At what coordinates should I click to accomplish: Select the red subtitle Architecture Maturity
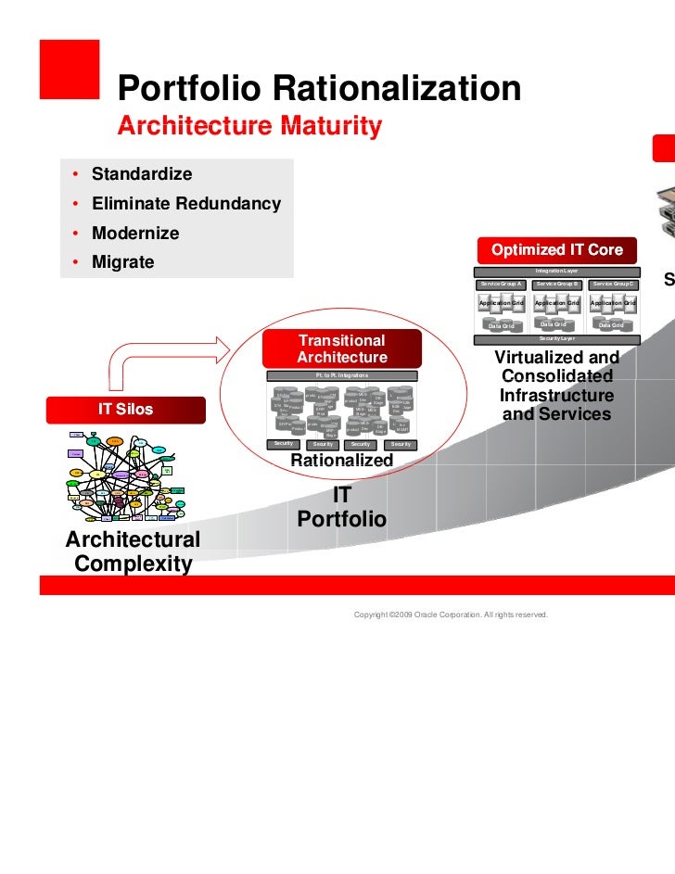click(x=248, y=127)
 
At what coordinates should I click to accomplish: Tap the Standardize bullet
click(x=141, y=174)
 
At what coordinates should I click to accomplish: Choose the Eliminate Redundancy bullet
click(x=185, y=204)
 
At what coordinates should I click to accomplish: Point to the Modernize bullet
click(x=135, y=234)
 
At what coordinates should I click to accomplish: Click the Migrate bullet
click(x=122, y=262)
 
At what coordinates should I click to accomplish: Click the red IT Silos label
click(x=126, y=410)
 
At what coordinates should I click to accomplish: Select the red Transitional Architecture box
click(x=342, y=349)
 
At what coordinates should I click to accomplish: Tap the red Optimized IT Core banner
click(x=556, y=250)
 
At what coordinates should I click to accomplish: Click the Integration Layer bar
click(x=557, y=271)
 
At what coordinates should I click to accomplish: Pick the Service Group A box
click(x=502, y=283)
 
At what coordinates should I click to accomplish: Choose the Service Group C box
click(x=613, y=283)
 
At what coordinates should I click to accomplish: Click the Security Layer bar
click(x=557, y=339)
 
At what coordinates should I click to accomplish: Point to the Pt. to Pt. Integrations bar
click(x=342, y=375)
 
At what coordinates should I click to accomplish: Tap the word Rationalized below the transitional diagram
click(x=342, y=461)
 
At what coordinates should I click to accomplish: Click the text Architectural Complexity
click(x=133, y=551)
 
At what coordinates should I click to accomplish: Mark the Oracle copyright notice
click(x=451, y=614)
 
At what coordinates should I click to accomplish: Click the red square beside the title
click(x=69, y=69)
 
